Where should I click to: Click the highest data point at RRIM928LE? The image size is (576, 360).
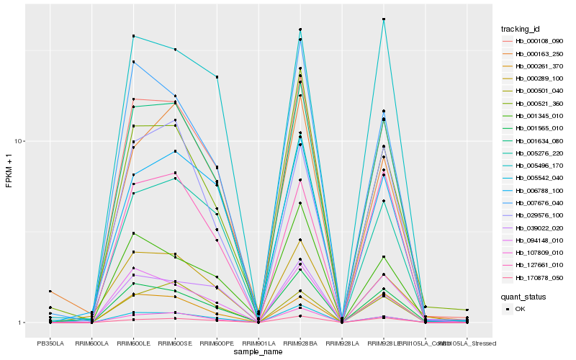pyautogui.click(x=384, y=19)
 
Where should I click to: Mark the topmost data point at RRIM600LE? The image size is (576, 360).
pyautogui.click(x=134, y=36)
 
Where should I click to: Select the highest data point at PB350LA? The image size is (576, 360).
pyautogui.click(x=50, y=292)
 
